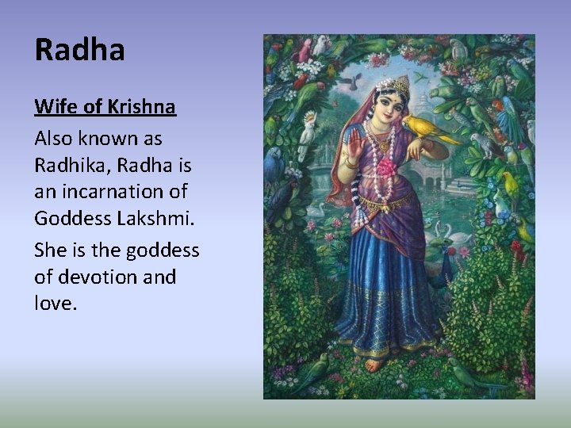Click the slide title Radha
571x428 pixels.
(80, 50)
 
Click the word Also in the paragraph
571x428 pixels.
(53, 139)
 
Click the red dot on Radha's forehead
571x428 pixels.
(394, 101)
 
